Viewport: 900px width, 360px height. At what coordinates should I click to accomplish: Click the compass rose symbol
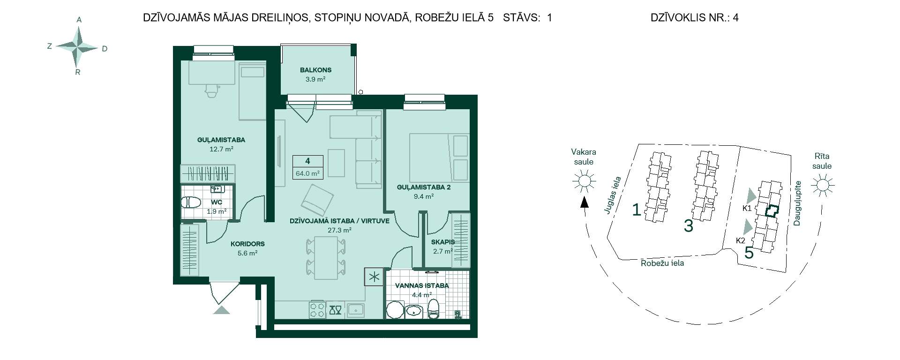pyautogui.click(x=78, y=47)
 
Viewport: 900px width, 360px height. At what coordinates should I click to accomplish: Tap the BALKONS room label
pyautogui.click(x=315, y=70)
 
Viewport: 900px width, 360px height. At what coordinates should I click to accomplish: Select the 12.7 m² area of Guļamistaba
pyautogui.click(x=221, y=149)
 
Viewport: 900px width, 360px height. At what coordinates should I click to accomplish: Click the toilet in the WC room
pyautogui.click(x=191, y=202)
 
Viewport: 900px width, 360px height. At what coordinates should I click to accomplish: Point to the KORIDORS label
pyautogui.click(x=247, y=244)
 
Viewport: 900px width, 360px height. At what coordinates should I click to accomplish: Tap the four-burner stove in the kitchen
pyautogui.click(x=317, y=309)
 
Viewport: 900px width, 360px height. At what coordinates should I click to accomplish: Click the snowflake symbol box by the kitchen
pyautogui.click(x=374, y=277)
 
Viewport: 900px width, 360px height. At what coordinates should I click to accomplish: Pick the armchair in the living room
pyautogui.click(x=316, y=199)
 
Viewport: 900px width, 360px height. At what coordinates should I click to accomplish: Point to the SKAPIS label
pyautogui.click(x=443, y=242)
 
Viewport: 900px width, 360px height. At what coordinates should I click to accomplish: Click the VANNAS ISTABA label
pyautogui.click(x=422, y=285)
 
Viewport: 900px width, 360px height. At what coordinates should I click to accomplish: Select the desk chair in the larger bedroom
pyautogui.click(x=212, y=90)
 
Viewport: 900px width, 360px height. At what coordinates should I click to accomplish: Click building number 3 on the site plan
pyautogui.click(x=688, y=225)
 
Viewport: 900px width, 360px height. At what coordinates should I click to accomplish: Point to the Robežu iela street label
pyautogui.click(x=662, y=263)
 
